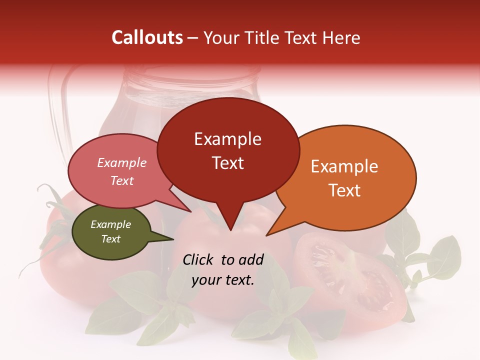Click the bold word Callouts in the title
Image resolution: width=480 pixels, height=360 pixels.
(x=147, y=37)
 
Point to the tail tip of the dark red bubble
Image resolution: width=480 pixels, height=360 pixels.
(x=230, y=230)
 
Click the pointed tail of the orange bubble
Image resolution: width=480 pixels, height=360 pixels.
(x=267, y=234)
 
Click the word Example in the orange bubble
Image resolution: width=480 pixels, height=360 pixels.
(x=344, y=166)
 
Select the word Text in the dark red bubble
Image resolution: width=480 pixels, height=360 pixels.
(x=228, y=163)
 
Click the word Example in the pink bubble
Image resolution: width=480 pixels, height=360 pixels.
(x=122, y=162)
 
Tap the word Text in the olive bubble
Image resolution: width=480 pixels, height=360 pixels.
(x=111, y=239)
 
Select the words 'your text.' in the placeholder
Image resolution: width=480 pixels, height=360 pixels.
(x=223, y=280)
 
